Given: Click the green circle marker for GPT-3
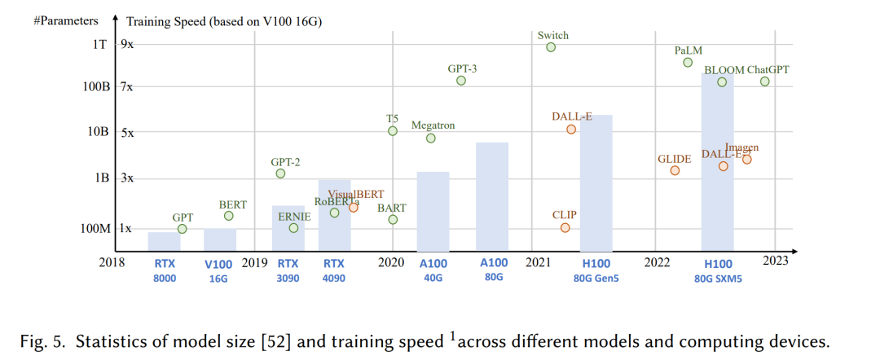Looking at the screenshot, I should [x=461, y=80].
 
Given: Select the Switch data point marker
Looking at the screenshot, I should [x=551, y=47].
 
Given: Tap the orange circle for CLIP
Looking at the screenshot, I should [x=565, y=227].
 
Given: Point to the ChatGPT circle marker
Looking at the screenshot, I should [x=764, y=81].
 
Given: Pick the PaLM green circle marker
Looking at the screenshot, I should [x=688, y=62].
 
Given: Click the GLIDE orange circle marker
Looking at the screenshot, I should [x=675, y=170].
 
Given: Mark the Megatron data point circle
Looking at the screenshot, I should [x=431, y=138].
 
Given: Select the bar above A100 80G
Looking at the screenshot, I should [x=492, y=196].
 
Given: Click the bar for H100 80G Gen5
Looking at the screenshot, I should [x=596, y=183].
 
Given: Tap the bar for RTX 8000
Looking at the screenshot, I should [x=164, y=242].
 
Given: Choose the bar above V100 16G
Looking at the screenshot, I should [x=219, y=240].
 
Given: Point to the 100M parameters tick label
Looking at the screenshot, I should [x=95, y=229].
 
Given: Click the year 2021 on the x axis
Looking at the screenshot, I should [x=538, y=262].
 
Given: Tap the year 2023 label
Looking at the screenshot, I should [x=775, y=261].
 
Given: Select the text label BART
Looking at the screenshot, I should [x=392, y=209].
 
